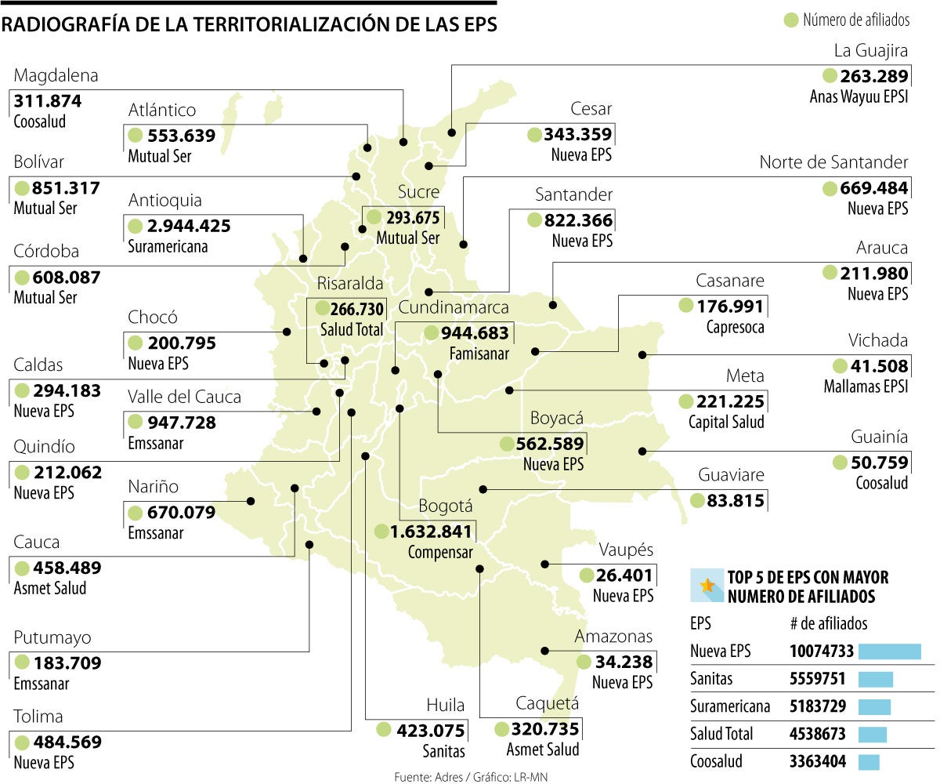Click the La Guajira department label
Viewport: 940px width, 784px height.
pos(870,52)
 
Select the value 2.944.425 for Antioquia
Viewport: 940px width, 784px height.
pos(188,227)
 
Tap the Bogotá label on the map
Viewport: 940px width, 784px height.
pos(445,506)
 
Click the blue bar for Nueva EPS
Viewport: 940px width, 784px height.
pos(890,652)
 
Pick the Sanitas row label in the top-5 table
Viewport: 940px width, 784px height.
pos(712,678)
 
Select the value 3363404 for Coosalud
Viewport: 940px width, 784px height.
pos(813,762)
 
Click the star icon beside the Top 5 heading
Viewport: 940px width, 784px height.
pos(707,585)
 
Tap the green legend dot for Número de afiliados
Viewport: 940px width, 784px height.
pos(791,20)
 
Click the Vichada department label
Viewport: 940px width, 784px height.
pos(878,340)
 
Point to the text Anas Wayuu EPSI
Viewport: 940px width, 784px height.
pos(859,97)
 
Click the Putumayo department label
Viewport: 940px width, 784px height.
pos(52,637)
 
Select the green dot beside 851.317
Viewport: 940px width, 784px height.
pos(22,188)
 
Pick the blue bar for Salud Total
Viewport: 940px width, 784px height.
pos(873,735)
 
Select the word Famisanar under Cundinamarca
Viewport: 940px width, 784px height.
pos(479,354)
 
